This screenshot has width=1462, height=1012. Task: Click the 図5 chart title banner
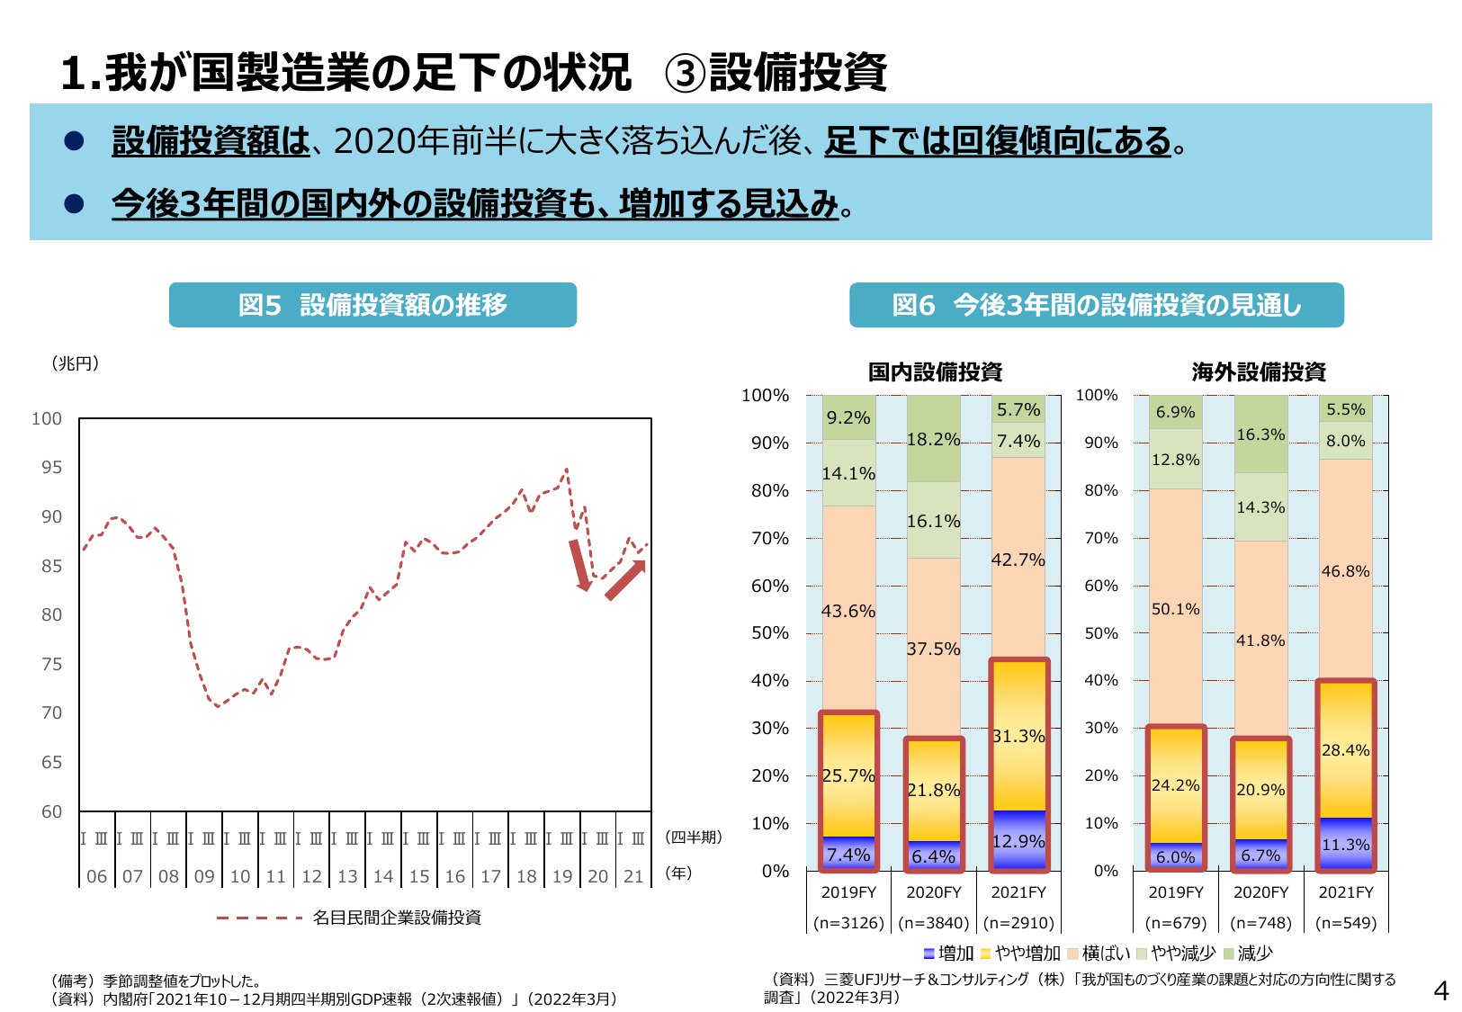coord(372,305)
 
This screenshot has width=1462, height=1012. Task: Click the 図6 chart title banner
coord(1096,306)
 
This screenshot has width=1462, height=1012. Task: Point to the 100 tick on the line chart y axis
coord(47,419)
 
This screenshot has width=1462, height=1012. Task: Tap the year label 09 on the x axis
coord(204,876)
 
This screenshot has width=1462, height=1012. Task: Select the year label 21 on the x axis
coord(633,876)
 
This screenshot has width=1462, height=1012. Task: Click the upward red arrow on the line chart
coord(625,580)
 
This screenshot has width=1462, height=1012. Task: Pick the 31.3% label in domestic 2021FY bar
coord(1018,737)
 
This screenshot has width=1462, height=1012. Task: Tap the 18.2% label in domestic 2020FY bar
coord(933,440)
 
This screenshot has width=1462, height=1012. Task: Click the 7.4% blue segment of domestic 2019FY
coord(848,855)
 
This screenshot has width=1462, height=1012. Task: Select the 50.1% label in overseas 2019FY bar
coord(1175,610)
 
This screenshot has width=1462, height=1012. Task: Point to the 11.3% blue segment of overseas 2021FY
coord(1345,845)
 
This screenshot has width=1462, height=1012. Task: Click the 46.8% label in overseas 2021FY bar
coord(1345,572)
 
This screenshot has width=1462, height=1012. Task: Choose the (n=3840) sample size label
coord(934,923)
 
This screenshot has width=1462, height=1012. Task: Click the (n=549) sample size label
coord(1345,923)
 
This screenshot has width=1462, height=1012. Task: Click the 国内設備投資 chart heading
coord(935,372)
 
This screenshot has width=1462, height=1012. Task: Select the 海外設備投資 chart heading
coord(1259,372)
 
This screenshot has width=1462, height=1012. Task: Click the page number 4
coord(1440,991)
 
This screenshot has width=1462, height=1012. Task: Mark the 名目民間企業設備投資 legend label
coord(397,918)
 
